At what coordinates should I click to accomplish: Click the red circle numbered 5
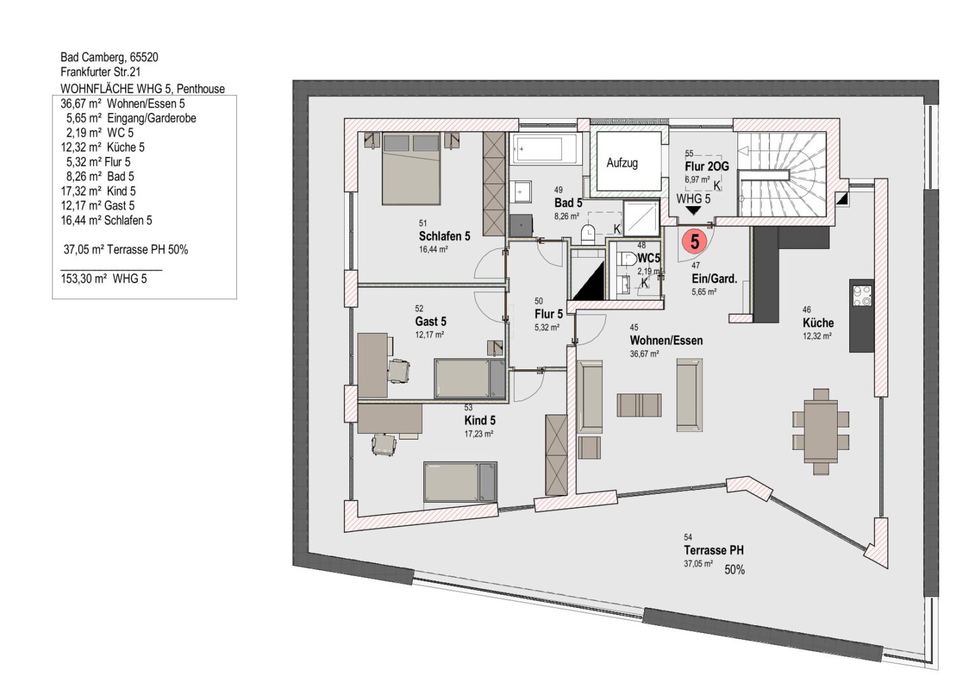pos(694,241)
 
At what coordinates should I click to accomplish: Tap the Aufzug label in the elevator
pos(622,163)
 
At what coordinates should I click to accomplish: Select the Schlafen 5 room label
pos(444,236)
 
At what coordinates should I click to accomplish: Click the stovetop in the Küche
pos(862,295)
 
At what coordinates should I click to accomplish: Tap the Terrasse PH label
pos(713,550)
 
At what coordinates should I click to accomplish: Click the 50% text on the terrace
pos(734,570)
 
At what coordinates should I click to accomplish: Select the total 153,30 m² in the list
pos(84,279)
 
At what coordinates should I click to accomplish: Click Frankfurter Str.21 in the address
pos(100,71)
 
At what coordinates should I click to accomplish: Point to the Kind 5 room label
pos(480,420)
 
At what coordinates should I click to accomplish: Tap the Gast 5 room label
pos(430,322)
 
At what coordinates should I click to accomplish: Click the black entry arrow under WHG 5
pos(693,211)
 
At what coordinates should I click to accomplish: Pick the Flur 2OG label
pos(707,166)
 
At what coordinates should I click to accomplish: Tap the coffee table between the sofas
pos(639,405)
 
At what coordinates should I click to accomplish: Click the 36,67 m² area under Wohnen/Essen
pos(644,353)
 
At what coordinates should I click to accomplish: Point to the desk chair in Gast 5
pos(398,371)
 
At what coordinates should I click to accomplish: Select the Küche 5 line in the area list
pos(103,147)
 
